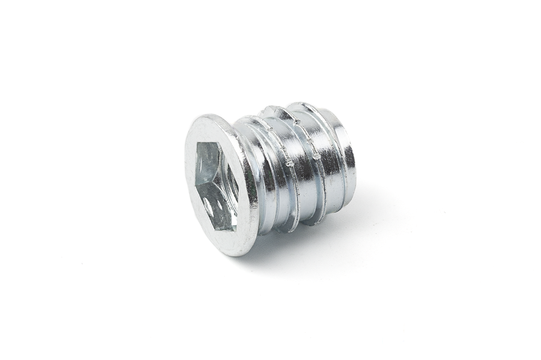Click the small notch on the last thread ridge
click(x=316, y=156)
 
